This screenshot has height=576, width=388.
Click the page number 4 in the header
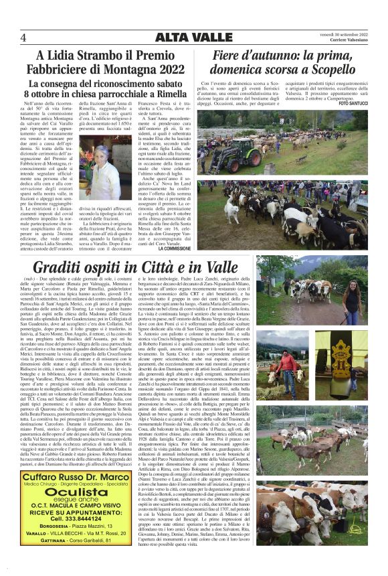23,37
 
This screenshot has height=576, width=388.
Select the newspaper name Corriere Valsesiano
346,41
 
